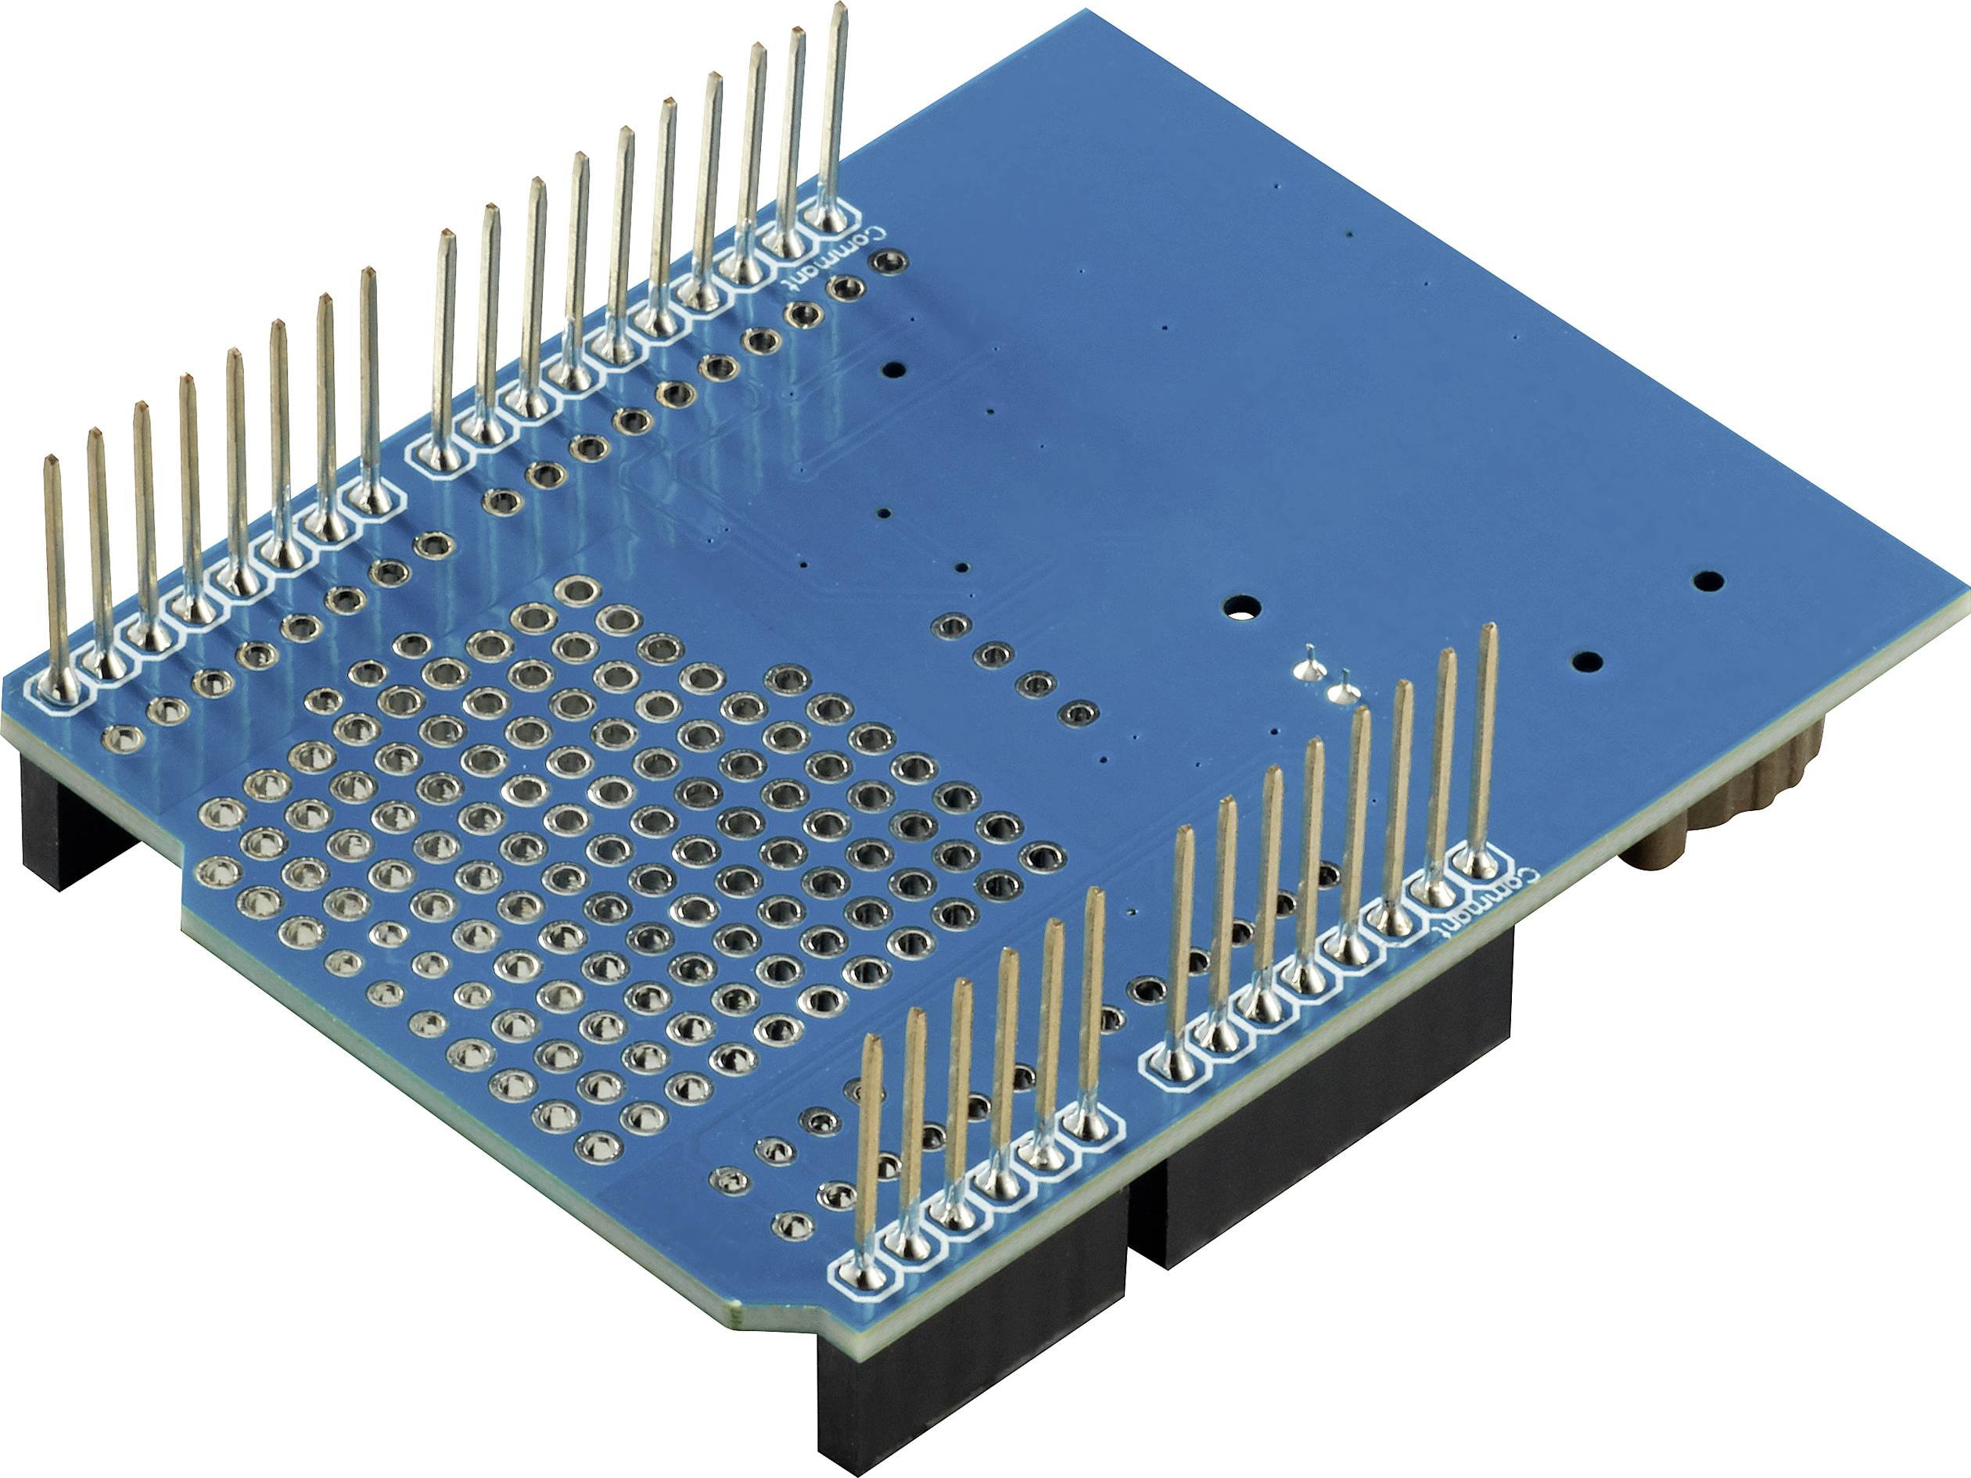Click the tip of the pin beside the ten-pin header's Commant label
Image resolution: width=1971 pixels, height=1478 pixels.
tap(838, 7)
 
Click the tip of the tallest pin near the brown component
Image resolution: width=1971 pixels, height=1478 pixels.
tap(1486, 629)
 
